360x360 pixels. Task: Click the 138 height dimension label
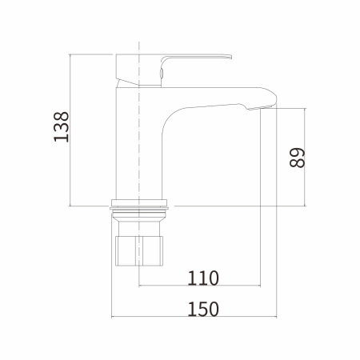click(x=62, y=126)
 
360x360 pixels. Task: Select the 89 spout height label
click(x=297, y=158)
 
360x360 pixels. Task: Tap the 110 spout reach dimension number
click(x=203, y=278)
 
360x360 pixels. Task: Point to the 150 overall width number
click(x=203, y=309)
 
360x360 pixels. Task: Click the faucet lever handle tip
click(x=230, y=57)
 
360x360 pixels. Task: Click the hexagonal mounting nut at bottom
click(x=139, y=250)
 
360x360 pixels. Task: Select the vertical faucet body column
click(x=139, y=144)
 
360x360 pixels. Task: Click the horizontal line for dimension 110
click(x=200, y=286)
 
